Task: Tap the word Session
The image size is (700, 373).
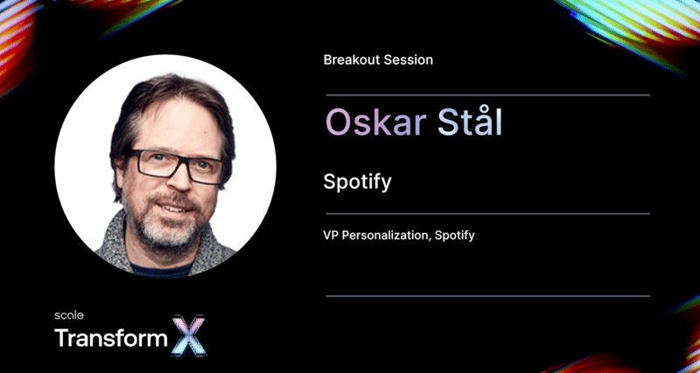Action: [406, 60]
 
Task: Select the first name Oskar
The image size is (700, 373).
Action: [375, 122]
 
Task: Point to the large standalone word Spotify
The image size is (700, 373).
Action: [357, 183]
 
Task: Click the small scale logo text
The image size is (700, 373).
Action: [69, 315]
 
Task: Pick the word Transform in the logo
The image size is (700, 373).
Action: [111, 338]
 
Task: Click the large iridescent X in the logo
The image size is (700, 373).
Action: [189, 335]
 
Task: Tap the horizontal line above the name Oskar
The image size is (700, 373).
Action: [487, 95]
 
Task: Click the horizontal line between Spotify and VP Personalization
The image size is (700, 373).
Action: [487, 214]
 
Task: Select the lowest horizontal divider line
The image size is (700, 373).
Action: [487, 296]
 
